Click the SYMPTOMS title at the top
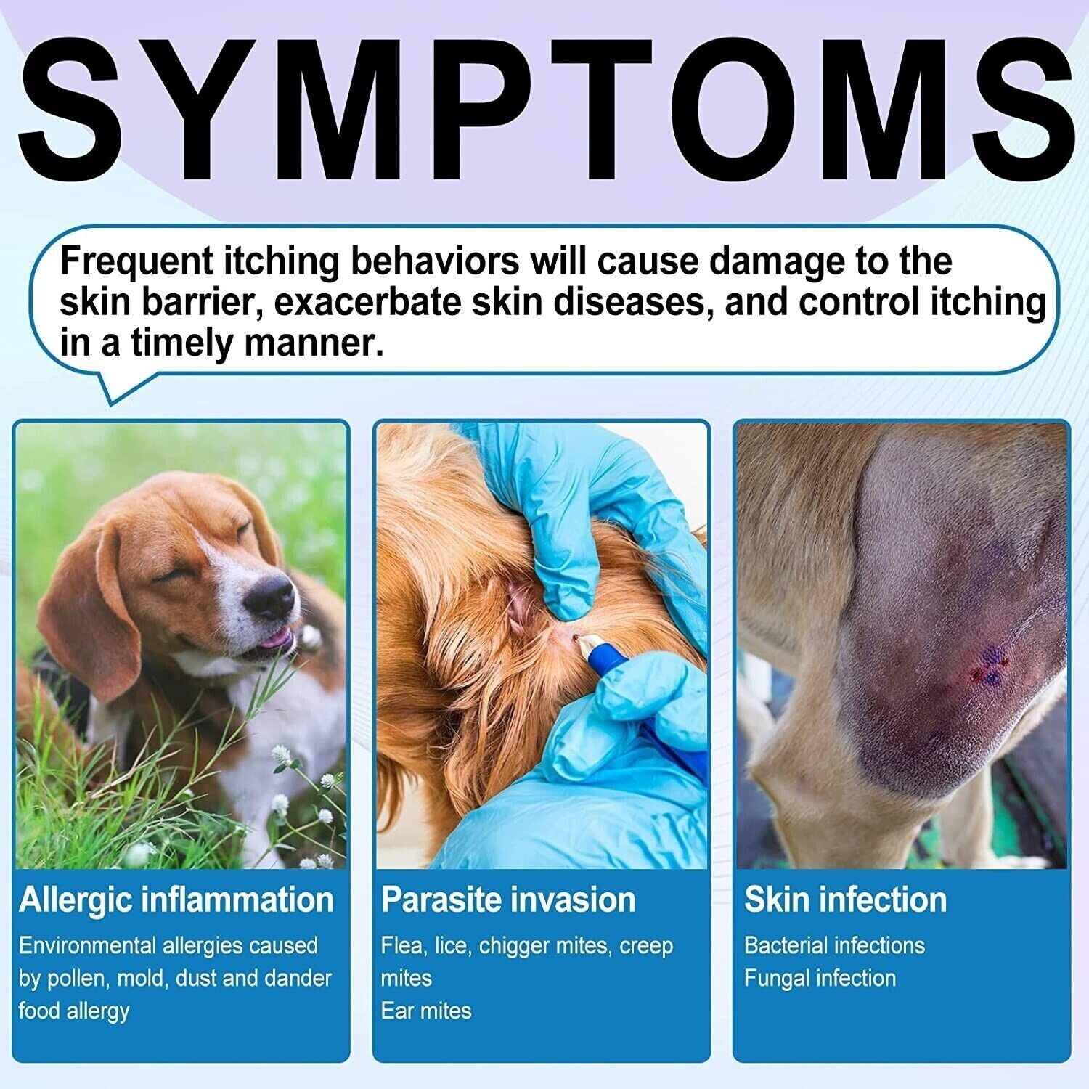point(544,109)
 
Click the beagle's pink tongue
point(272,640)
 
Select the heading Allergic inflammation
point(176,900)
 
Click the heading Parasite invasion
point(508,900)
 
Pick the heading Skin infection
point(845,900)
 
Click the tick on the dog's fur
point(574,637)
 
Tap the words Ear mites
point(426,1011)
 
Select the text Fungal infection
point(820,978)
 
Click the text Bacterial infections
point(834,945)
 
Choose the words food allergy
point(74,1011)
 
